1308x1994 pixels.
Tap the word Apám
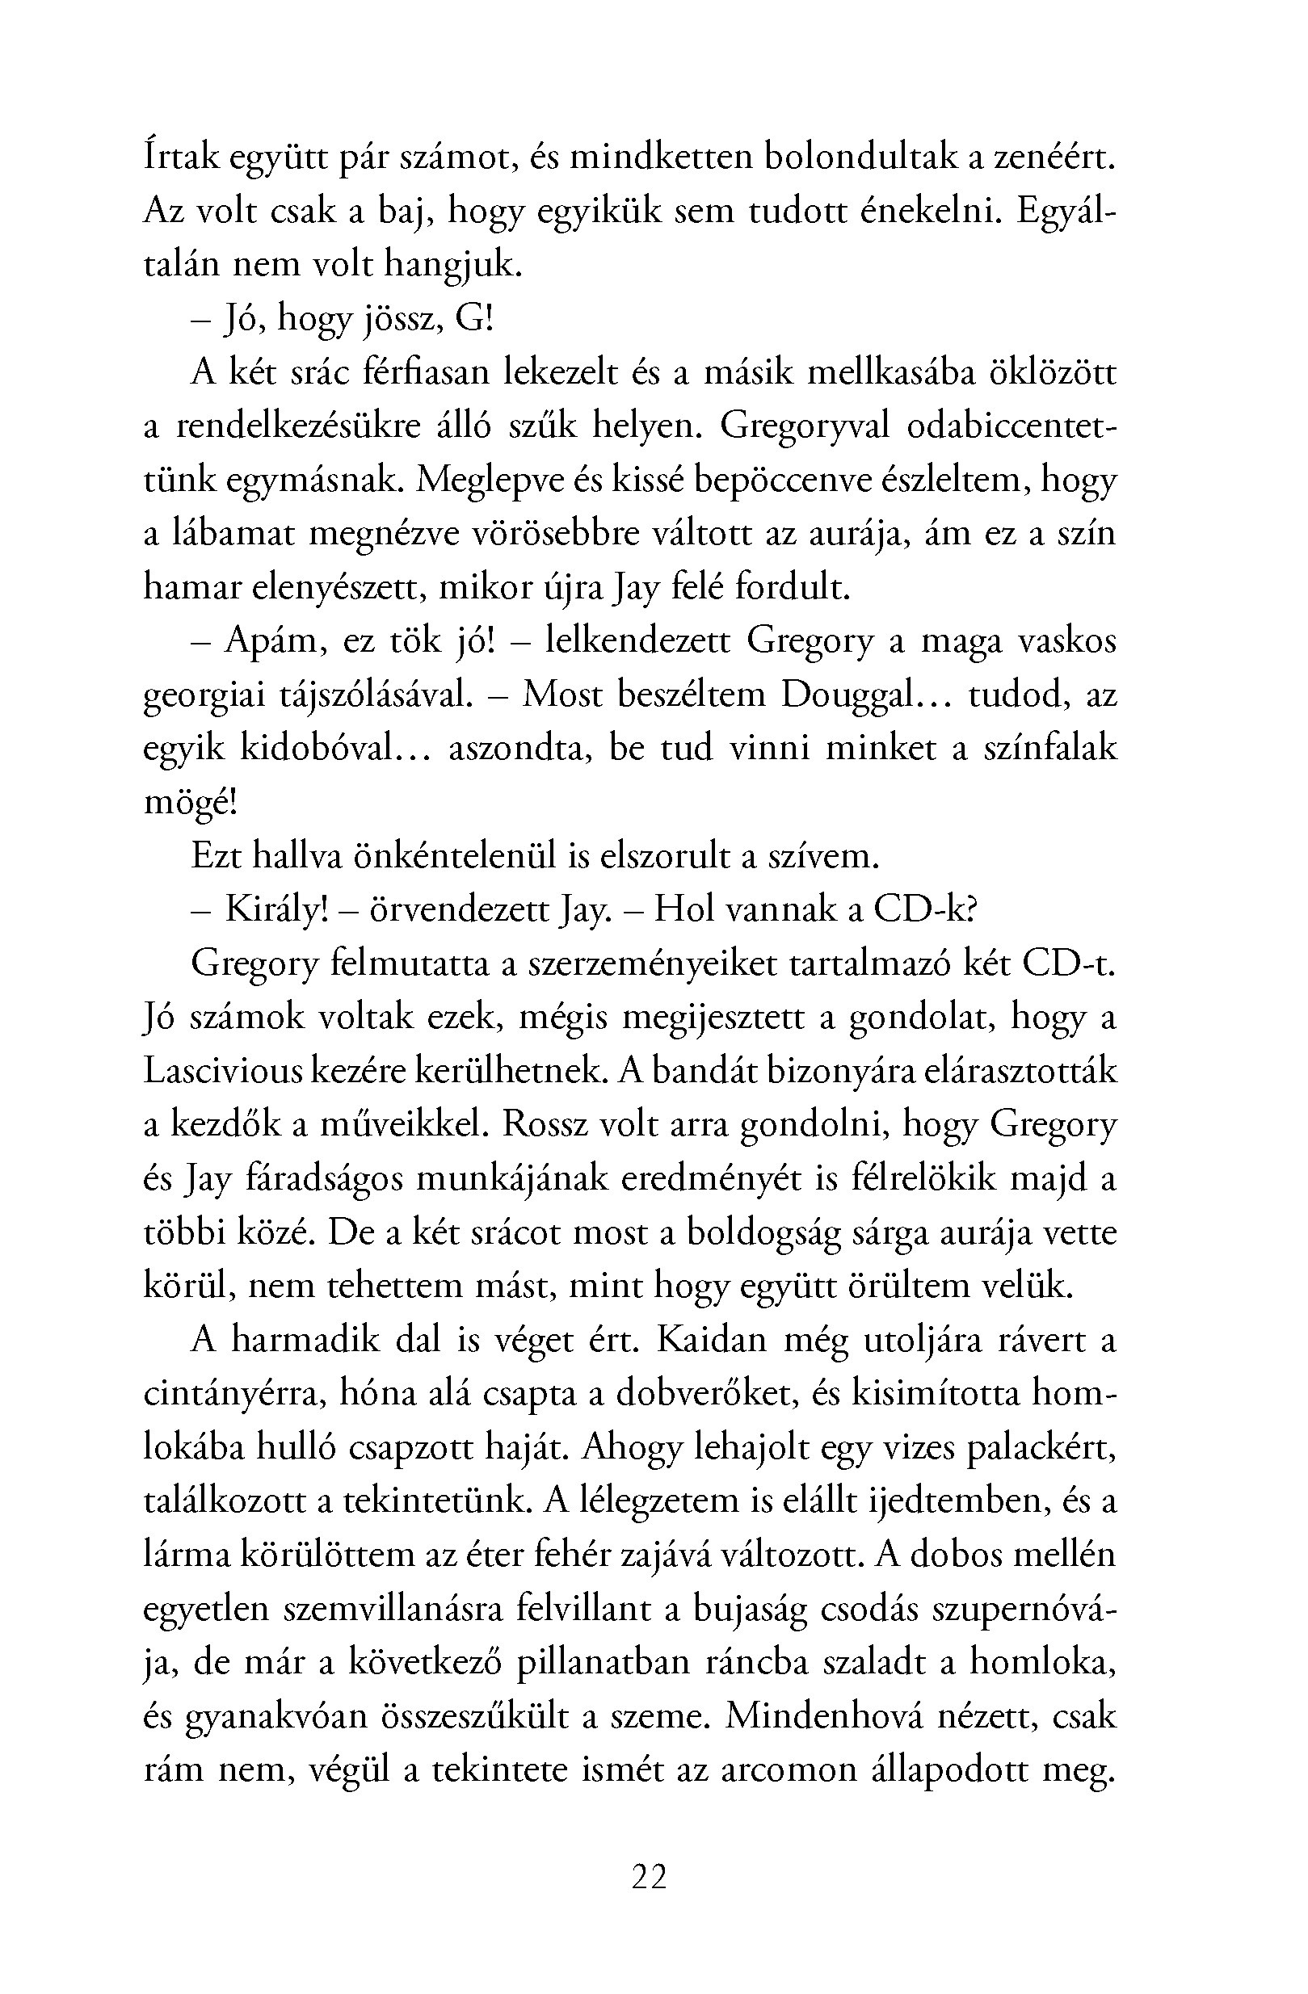[x=275, y=641]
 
